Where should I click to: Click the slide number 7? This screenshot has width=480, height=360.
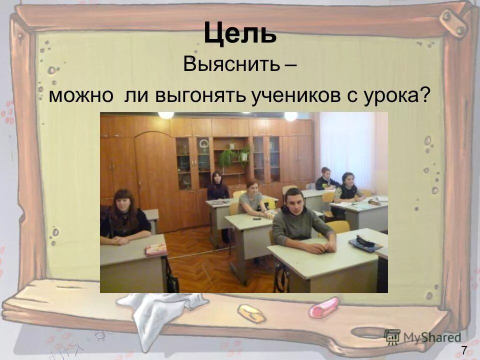464,350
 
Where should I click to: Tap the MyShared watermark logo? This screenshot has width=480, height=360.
422,336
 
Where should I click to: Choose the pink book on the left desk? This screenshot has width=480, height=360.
156,249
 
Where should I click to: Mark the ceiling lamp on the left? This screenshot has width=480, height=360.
166,115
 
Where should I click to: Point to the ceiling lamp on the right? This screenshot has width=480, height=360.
290,116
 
